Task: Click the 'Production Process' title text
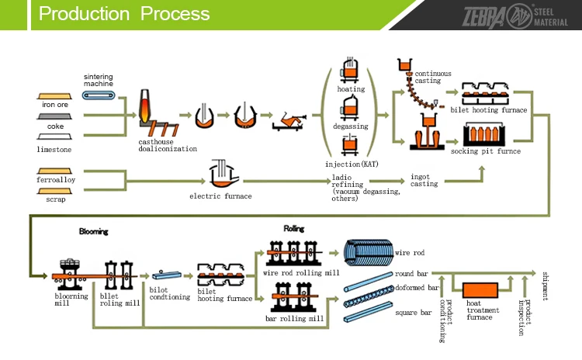124,14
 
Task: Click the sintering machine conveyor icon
99,95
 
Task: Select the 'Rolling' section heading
293,230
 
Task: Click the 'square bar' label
414,313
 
